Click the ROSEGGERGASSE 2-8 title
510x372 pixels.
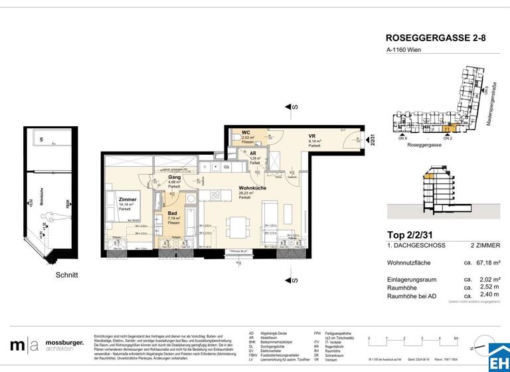tap(435, 39)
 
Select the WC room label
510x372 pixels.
tap(246, 133)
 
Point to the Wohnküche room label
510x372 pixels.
tap(253, 189)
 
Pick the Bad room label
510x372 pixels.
tap(173, 214)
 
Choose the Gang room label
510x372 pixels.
tap(175, 178)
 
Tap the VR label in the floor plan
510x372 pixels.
tap(311, 136)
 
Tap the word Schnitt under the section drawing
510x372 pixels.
tap(66, 275)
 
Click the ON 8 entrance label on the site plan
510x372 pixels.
tap(402, 139)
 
